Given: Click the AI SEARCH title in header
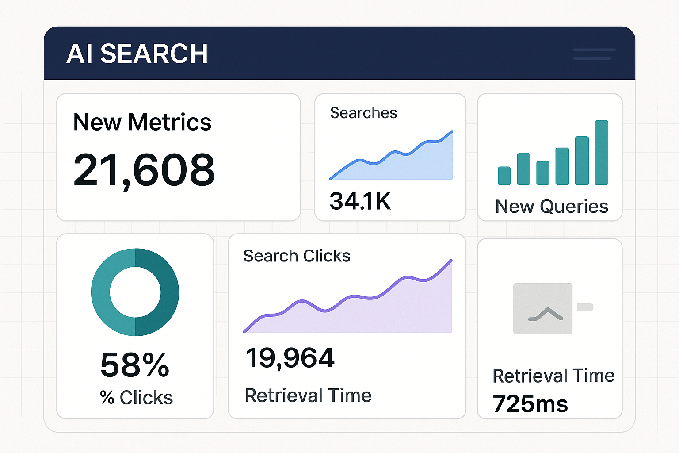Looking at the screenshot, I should [137, 54].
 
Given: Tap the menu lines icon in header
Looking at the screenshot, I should [594, 54].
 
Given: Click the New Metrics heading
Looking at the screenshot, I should [142, 122].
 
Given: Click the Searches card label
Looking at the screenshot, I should [363, 113].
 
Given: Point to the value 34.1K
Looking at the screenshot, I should [360, 201].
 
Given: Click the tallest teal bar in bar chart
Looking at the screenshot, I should [601, 153].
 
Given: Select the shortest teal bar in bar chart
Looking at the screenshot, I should [504, 176].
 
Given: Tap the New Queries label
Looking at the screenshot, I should [551, 207].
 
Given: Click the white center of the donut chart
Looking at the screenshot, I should [135, 292].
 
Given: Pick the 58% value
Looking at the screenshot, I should [135, 365].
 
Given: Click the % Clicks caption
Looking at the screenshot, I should [136, 398].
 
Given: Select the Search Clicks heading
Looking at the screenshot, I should [297, 256].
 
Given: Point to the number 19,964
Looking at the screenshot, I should [290, 358].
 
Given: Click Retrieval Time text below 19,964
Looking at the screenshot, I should [308, 395].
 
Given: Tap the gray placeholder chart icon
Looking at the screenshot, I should [542, 308].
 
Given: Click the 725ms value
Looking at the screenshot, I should [530, 404].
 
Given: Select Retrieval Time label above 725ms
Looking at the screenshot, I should [553, 376].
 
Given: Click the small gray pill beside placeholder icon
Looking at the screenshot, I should [585, 307].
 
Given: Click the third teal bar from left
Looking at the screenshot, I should [542, 173].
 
